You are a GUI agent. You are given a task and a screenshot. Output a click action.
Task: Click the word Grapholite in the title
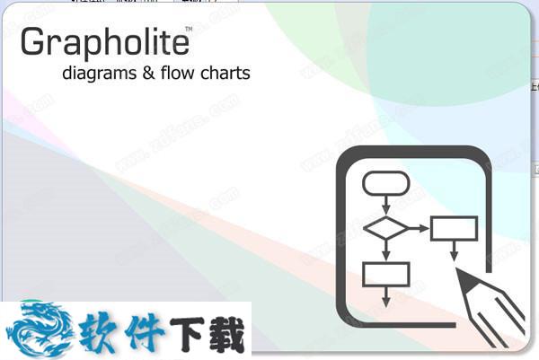pos(105,42)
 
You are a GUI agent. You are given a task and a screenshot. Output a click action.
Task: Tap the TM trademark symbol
pos(189,30)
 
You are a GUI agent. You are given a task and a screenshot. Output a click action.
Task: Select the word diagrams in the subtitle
pos(100,74)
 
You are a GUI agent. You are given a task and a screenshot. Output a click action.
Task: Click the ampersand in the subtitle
pos(148,73)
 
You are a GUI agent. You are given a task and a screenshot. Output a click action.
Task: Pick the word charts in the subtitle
pos(225,73)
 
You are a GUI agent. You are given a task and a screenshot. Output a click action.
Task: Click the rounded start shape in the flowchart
pos(386,183)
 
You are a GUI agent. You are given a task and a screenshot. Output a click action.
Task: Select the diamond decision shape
pos(386,228)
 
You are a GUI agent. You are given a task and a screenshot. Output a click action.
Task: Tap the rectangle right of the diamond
pos(454,228)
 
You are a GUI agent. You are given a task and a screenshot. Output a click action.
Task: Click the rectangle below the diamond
pos(386,275)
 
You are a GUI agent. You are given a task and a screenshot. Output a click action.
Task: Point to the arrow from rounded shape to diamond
pos(386,205)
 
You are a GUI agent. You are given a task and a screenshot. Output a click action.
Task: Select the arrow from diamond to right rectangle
pos(419,228)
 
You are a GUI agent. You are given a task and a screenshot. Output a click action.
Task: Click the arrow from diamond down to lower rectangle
pos(386,250)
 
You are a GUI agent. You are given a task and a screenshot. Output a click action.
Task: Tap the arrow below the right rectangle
pos(454,250)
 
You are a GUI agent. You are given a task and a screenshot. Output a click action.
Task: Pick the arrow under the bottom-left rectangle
pos(386,297)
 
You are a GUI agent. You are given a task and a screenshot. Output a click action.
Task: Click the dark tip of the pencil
pos(464,279)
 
